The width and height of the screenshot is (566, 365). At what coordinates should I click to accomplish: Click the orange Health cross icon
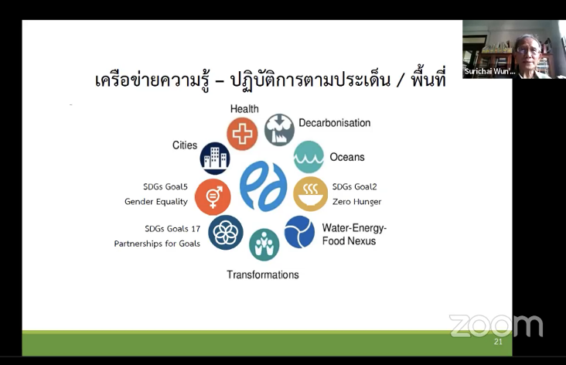coord(242,134)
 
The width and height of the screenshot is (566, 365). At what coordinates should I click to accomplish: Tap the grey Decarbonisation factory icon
coord(279,130)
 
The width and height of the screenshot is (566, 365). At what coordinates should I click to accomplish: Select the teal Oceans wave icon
coord(309,157)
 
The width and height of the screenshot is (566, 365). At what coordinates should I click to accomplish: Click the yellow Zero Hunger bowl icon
coord(310,194)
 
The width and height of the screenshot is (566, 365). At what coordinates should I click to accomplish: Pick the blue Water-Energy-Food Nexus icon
coord(299,232)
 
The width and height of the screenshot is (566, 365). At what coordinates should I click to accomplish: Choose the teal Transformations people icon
coord(264,244)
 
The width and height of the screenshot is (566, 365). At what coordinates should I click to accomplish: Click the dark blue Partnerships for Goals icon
coord(226,233)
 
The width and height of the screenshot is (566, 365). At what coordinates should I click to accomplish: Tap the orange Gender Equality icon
coord(213,197)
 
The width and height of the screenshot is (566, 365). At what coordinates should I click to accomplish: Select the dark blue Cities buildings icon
coord(215,158)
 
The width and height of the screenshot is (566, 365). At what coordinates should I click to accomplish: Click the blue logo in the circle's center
coord(264,186)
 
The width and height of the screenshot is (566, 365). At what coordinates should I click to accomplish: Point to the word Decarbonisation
coord(335,123)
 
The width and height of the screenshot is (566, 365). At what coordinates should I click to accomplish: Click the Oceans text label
coord(347,157)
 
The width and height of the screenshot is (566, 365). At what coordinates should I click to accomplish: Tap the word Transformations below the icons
coord(263,275)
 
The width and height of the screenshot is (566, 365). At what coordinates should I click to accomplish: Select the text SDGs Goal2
coord(354,186)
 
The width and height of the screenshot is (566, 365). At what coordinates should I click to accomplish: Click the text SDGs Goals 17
coord(172,229)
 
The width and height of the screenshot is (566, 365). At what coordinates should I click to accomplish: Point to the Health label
coord(244,109)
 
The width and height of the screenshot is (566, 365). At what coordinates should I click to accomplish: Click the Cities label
coord(185,145)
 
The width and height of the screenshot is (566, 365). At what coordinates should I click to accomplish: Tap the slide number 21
coord(498,342)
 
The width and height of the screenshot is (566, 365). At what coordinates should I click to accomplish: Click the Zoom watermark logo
coord(496,326)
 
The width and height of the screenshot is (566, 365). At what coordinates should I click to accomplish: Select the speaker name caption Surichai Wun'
coord(489,71)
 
